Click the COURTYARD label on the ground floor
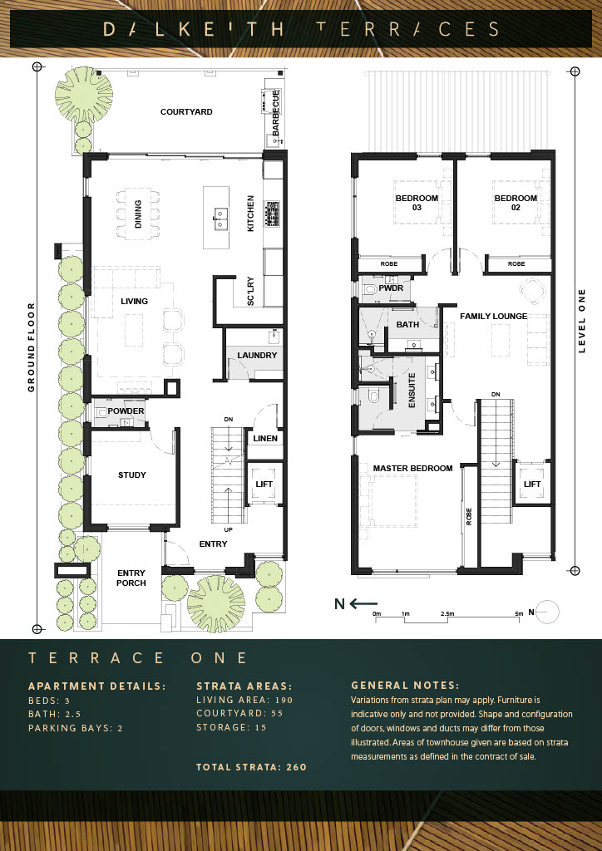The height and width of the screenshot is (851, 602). [186, 112]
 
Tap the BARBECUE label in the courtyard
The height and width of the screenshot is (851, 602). [276, 112]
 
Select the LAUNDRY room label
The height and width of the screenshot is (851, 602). [257, 356]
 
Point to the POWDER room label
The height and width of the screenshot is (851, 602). [126, 411]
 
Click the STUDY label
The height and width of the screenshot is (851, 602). [132, 475]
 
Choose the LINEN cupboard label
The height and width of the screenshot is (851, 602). [265, 439]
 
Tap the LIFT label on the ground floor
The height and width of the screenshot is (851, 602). [264, 484]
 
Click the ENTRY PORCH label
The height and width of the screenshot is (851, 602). [131, 578]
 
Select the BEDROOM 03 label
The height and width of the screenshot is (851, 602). [417, 203]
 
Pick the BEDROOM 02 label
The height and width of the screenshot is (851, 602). [516, 203]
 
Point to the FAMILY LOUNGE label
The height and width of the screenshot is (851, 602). [493, 316]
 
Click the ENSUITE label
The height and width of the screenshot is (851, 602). [412, 391]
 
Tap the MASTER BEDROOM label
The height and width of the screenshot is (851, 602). [412, 468]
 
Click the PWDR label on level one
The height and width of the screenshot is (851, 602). [391, 288]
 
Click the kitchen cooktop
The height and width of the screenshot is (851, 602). [273, 214]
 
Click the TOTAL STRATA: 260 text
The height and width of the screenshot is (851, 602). [251, 767]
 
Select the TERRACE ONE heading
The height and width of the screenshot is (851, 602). [138, 658]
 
